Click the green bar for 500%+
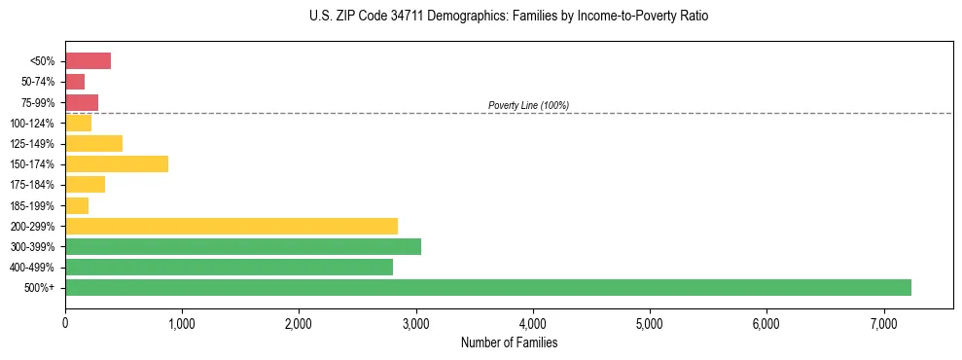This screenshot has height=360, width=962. [x=488, y=287]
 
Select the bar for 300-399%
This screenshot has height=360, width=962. [x=243, y=246]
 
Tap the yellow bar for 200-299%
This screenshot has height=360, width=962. [x=232, y=226]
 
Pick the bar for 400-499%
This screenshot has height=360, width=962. [x=229, y=267]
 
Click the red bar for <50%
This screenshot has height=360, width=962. [x=88, y=61]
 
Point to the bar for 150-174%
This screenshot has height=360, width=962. [x=117, y=163]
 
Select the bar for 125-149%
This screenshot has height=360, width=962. [x=93, y=143]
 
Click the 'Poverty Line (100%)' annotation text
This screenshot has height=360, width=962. [x=528, y=105]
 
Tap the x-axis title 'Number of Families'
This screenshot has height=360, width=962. [x=509, y=342]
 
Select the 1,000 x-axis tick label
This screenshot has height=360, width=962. [x=182, y=323]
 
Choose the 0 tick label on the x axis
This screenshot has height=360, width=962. [x=65, y=323]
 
